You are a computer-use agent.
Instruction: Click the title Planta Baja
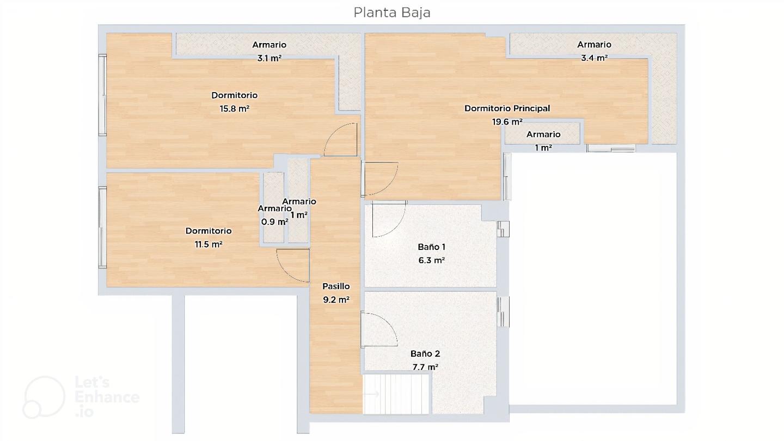tap(391, 13)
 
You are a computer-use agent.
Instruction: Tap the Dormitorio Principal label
tap(507, 108)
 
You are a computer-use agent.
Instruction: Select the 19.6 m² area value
tap(507, 122)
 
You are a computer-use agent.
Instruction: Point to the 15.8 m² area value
tap(234, 108)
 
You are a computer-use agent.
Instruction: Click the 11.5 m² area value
tap(208, 244)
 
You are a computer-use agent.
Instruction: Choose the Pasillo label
tap(336, 286)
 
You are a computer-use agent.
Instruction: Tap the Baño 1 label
tap(432, 247)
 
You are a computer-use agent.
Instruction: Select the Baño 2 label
tap(425, 354)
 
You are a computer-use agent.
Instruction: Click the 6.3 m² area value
tap(432, 260)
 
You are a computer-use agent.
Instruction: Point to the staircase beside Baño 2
tap(396, 394)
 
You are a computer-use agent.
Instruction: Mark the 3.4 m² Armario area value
tap(594, 58)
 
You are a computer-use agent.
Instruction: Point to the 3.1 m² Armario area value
tap(269, 58)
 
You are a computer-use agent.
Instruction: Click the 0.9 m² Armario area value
tap(275, 222)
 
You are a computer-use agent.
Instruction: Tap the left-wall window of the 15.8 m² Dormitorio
tap(102, 95)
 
